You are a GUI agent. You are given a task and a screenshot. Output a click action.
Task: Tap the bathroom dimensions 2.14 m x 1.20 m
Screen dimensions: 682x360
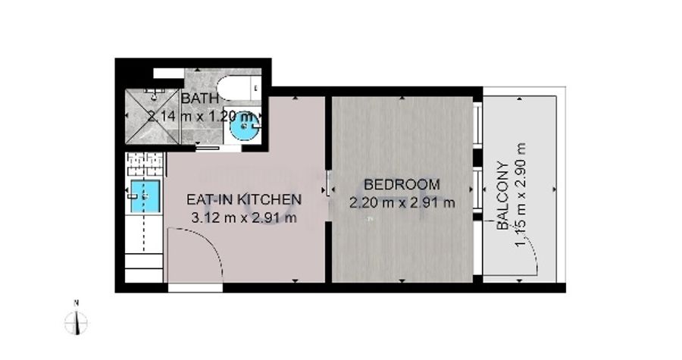(x=201, y=117)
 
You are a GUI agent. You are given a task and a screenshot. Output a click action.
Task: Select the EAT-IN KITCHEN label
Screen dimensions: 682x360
(x=244, y=199)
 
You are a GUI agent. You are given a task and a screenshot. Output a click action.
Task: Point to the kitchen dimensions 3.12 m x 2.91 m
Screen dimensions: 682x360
(x=244, y=218)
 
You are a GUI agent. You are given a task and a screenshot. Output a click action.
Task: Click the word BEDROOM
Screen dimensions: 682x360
(x=402, y=184)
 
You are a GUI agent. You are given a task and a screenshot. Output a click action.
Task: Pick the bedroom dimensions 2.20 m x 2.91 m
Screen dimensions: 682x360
(x=402, y=202)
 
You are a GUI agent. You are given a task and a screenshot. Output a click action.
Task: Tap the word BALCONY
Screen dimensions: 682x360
(x=503, y=196)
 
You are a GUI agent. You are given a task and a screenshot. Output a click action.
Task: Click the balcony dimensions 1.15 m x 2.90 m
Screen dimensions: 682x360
(x=520, y=194)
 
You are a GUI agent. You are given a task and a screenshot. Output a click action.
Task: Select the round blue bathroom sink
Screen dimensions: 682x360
(x=243, y=126)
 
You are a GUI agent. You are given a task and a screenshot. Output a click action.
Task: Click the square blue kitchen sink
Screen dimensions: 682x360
(x=145, y=197)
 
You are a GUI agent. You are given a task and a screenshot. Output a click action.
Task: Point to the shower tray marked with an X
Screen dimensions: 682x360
(x=152, y=117)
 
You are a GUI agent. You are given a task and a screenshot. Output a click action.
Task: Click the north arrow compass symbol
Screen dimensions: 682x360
(x=76, y=323)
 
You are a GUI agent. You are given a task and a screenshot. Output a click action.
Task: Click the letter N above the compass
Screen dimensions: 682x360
(x=76, y=302)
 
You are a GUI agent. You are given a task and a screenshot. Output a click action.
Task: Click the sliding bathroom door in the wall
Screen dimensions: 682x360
(x=207, y=148)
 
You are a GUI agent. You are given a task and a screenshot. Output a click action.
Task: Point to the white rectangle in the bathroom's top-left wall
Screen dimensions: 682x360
(x=169, y=73)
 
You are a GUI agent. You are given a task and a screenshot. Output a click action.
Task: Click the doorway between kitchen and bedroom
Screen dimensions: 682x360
(x=328, y=190)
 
